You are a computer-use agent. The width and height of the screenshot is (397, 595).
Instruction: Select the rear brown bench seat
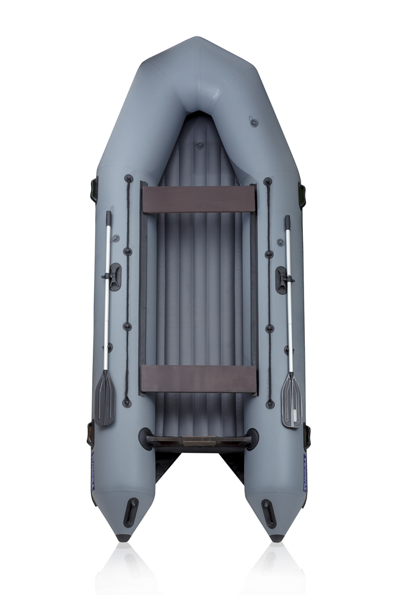198,378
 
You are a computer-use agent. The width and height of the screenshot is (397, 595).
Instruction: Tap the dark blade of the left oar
105,397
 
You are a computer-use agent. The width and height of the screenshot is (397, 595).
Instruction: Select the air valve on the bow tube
254,123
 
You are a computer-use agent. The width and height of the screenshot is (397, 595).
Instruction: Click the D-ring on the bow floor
200,145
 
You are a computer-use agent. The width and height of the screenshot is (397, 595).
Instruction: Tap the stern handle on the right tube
268,513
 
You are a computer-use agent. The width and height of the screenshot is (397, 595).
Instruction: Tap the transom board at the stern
198,441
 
